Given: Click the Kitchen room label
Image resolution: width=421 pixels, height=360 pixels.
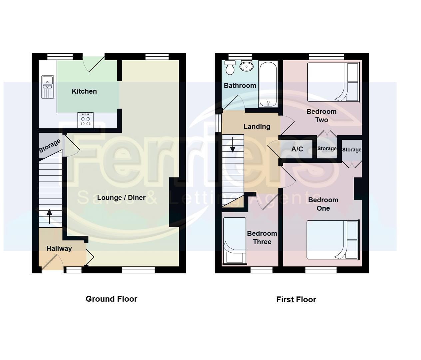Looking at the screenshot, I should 84,91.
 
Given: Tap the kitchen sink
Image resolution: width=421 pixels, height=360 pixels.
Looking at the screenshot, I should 48,87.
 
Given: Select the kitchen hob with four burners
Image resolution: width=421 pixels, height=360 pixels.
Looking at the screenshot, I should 86,120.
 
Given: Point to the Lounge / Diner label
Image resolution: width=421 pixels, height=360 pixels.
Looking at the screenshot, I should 121,198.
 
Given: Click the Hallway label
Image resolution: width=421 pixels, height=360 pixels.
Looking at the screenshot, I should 59,248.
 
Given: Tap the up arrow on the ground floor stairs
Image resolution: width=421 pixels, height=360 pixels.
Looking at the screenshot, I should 49,216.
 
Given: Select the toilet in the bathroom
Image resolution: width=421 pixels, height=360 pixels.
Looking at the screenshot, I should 230,68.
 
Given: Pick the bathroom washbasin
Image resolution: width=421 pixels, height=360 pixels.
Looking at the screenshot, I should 246,66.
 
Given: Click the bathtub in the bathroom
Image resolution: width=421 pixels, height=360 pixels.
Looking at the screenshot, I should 268,84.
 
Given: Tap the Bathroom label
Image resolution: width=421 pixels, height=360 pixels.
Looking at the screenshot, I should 240,86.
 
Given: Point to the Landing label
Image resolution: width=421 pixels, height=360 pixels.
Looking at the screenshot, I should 256,127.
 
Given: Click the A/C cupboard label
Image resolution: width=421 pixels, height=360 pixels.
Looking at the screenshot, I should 297,149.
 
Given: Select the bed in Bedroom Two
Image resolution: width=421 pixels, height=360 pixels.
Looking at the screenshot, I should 333,82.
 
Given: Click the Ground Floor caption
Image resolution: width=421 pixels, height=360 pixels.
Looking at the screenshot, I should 111,299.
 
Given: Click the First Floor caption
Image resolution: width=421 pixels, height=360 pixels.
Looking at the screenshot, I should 296,300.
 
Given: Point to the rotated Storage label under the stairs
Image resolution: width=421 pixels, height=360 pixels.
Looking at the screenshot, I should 50,146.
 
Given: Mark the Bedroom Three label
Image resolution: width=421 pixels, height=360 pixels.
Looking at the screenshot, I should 262,238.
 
